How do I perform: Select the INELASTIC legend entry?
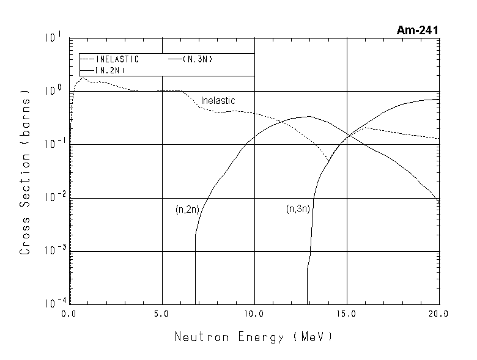point(117,59)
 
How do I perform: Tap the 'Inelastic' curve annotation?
point(218,101)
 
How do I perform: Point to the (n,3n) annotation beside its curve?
point(298,209)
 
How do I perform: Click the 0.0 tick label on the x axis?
point(69,314)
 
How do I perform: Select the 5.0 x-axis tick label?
point(161,314)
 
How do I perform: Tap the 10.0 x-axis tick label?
point(254,314)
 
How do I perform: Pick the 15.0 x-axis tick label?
point(347,314)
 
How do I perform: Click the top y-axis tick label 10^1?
point(53,39)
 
